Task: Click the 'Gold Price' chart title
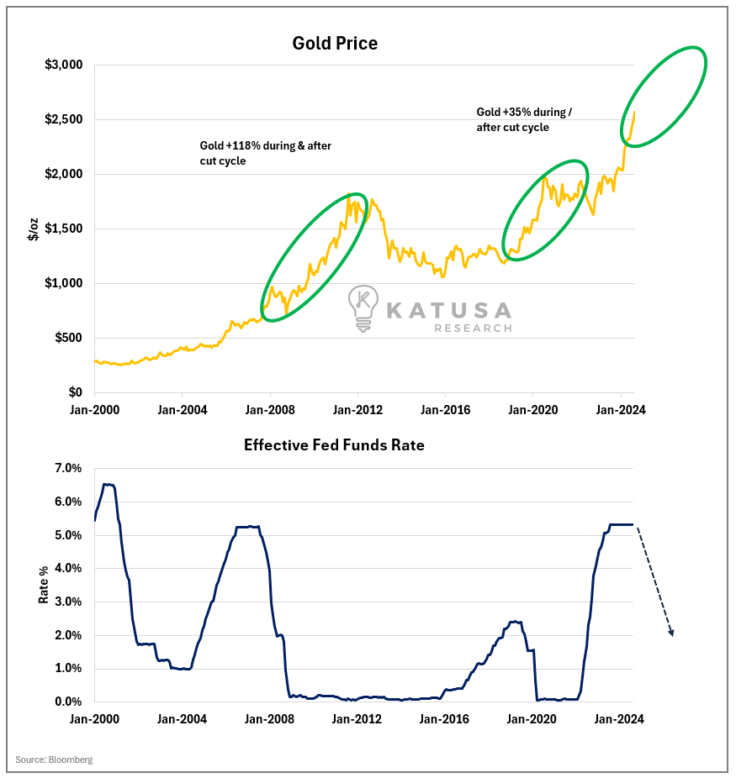point(335,43)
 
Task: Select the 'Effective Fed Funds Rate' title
point(334,445)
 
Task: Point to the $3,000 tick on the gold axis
point(65,65)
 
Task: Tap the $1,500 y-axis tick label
point(65,229)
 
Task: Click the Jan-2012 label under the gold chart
point(357,410)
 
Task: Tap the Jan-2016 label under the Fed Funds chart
point(445,719)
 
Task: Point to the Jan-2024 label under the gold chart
point(621,410)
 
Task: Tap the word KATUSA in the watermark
point(448,310)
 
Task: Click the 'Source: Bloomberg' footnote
point(54,760)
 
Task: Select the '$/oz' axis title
point(34,229)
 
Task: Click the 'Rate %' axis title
point(43,585)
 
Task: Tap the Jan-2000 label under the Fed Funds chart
point(94,719)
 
